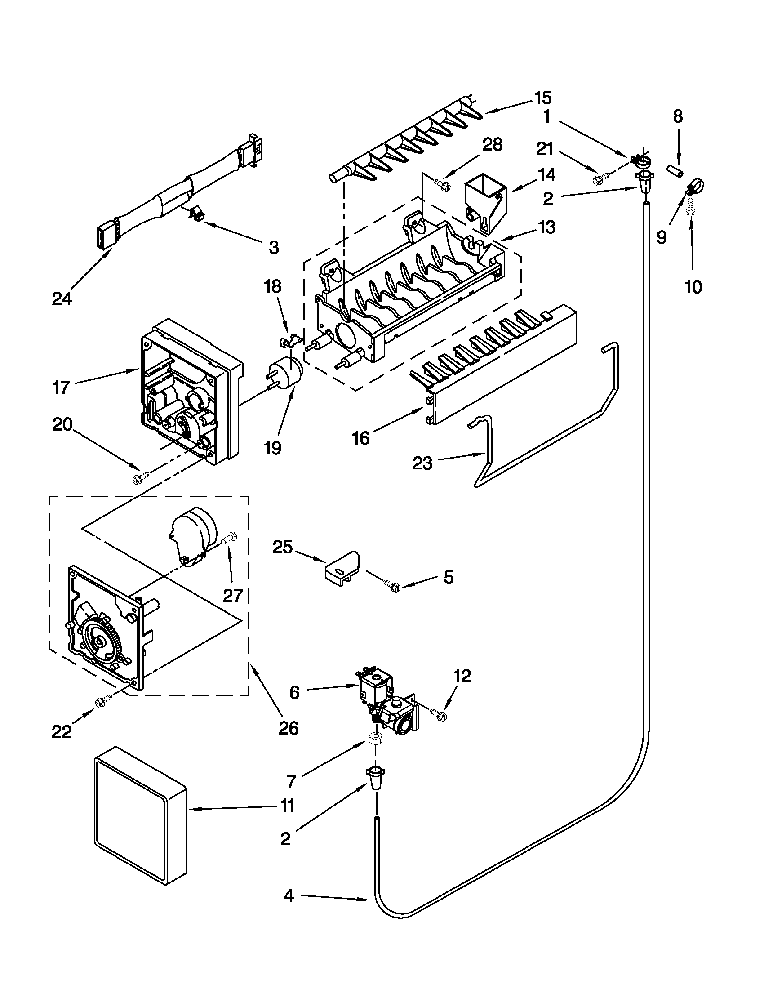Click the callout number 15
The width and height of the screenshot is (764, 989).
542,98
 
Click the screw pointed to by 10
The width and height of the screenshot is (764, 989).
691,207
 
